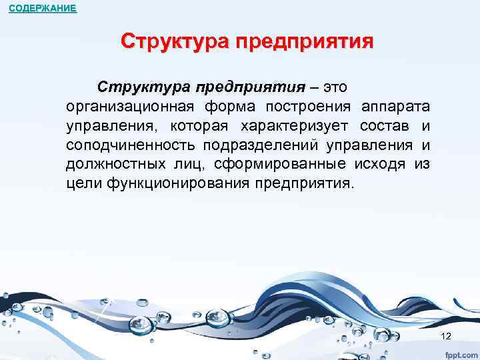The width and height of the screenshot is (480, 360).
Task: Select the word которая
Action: coord(196,126)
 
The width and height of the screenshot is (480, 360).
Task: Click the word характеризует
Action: coord(291,126)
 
